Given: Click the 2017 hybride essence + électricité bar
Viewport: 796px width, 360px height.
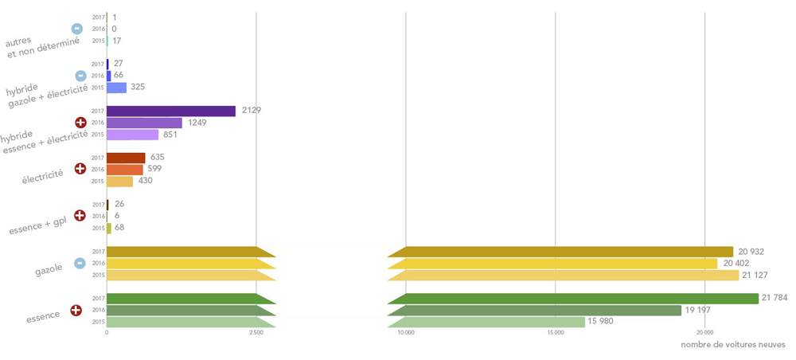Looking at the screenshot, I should point(170,111).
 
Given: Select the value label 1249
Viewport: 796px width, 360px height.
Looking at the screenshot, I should point(197,123).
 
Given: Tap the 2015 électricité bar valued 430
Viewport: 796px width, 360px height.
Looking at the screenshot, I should point(119,182).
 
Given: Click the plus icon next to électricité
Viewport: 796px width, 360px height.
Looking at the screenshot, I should point(80,169).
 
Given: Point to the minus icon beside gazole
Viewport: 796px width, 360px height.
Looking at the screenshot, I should point(80,264).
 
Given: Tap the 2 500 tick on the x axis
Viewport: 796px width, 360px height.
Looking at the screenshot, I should point(256,332).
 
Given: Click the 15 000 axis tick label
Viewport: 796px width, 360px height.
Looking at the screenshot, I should point(556,332).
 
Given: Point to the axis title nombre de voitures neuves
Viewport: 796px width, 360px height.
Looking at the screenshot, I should point(733,345).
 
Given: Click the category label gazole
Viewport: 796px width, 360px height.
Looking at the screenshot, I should point(49,270).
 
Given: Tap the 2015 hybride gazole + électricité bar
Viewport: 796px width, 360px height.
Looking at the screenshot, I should point(116,88).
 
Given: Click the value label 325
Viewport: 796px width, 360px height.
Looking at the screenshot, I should point(138,88).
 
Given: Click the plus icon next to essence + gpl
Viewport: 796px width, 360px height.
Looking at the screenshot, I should point(80,216).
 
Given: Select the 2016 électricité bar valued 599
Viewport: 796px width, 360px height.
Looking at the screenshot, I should point(124,170).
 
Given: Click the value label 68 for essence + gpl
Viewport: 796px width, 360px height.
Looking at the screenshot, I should point(119,228).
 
